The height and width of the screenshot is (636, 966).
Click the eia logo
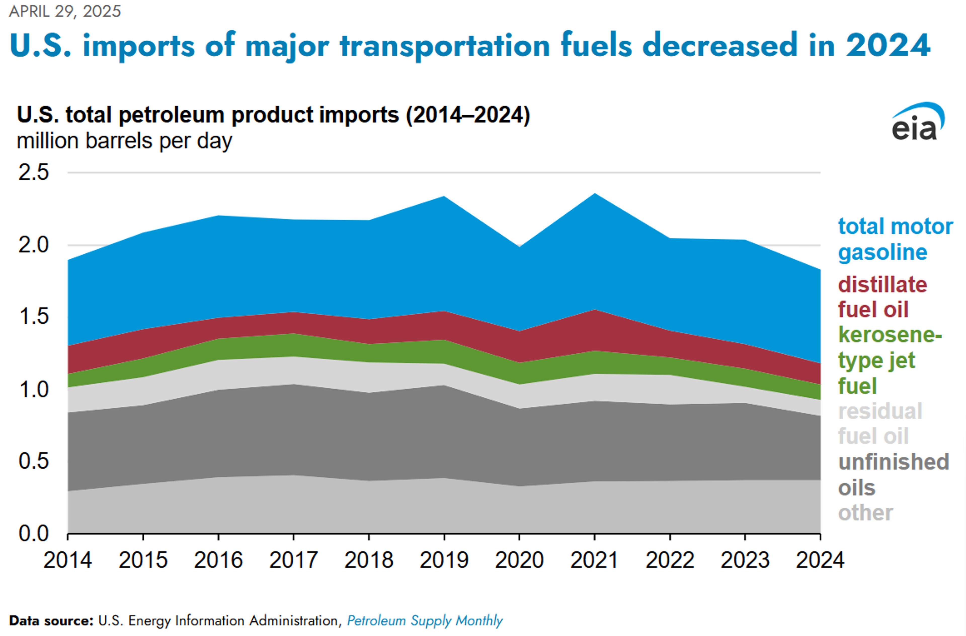point(917,122)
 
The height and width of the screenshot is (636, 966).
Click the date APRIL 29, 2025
point(65,11)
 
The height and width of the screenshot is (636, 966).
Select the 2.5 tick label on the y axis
point(34,172)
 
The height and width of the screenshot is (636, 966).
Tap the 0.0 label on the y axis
point(34,533)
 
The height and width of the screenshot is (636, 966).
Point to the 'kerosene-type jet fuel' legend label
point(889,360)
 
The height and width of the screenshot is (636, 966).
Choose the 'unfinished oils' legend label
point(893,474)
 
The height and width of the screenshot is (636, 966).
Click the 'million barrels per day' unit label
point(124,141)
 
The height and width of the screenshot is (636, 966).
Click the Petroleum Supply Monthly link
point(425,621)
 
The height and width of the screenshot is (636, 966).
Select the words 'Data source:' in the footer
point(51,621)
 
